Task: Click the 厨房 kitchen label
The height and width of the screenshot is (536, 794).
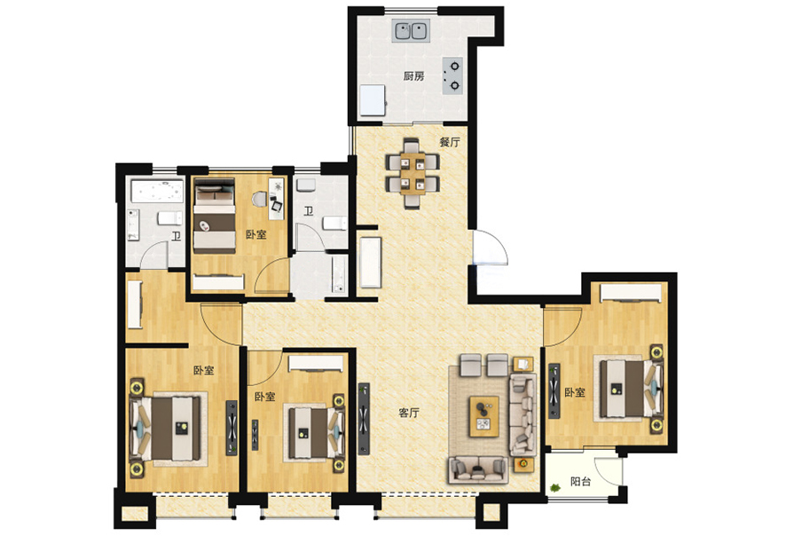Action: click(x=413, y=76)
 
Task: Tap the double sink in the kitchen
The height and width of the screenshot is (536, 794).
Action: click(x=412, y=31)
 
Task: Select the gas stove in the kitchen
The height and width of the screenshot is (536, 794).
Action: click(x=452, y=76)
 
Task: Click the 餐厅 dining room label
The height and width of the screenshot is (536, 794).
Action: click(x=450, y=142)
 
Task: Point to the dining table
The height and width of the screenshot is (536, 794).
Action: click(x=413, y=173)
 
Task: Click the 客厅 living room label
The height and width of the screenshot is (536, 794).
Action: click(x=409, y=413)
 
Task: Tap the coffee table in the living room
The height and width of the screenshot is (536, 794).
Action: click(x=483, y=416)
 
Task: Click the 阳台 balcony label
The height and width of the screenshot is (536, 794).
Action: click(x=580, y=481)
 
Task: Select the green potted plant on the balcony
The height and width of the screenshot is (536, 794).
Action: click(x=555, y=487)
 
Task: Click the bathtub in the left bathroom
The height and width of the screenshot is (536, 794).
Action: click(x=157, y=192)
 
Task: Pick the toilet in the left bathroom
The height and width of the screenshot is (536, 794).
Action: click(x=169, y=218)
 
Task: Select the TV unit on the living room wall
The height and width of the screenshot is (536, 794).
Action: click(x=364, y=419)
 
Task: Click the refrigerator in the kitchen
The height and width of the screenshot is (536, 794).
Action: click(x=373, y=100)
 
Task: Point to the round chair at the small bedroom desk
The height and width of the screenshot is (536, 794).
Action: click(x=260, y=199)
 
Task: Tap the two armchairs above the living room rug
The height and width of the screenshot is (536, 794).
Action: click(x=483, y=366)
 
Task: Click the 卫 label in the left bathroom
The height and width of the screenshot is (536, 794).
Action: click(x=176, y=236)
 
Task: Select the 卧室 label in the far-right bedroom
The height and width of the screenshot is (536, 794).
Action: click(x=575, y=392)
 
